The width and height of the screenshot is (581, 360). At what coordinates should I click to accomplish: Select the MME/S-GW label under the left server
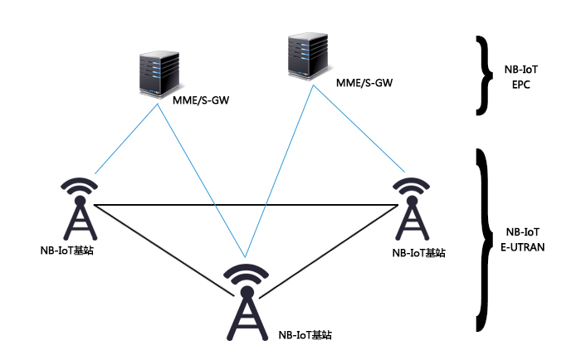pyautogui.click(x=201, y=100)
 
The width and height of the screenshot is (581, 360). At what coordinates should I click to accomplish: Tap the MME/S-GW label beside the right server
pyautogui.click(x=364, y=83)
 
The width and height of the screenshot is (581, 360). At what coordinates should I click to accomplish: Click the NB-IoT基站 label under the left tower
pyautogui.click(x=66, y=250)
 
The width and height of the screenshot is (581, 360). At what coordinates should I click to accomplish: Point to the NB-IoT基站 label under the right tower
pyautogui.click(x=418, y=252)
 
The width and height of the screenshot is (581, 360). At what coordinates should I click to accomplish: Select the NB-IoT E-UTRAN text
pyautogui.click(x=525, y=239)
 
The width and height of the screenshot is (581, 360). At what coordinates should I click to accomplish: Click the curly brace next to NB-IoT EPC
pyautogui.click(x=481, y=74)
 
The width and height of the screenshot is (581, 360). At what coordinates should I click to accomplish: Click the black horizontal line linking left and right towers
pyautogui.click(x=249, y=204)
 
